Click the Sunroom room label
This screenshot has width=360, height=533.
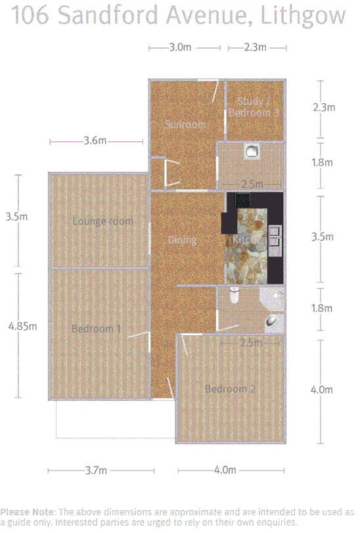[185, 124]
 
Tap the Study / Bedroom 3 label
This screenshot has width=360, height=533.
[255, 106]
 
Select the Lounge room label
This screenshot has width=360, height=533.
[102, 221]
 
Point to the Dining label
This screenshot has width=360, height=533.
[182, 240]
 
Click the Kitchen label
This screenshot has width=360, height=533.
[249, 241]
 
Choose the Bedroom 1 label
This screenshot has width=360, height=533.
[96, 328]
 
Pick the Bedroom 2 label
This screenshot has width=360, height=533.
[230, 388]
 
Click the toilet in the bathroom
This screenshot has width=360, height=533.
[233, 298]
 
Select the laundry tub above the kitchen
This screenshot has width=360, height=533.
[251, 152]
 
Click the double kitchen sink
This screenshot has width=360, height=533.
[274, 237]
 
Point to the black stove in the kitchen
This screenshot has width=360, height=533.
[243, 200]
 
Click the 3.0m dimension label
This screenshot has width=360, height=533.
[180, 47]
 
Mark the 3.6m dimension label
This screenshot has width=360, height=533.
[95, 141]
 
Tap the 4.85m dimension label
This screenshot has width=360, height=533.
[22, 325]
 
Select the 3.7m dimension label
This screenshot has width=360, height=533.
[97, 470]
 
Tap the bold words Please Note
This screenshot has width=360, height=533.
[28, 511]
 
